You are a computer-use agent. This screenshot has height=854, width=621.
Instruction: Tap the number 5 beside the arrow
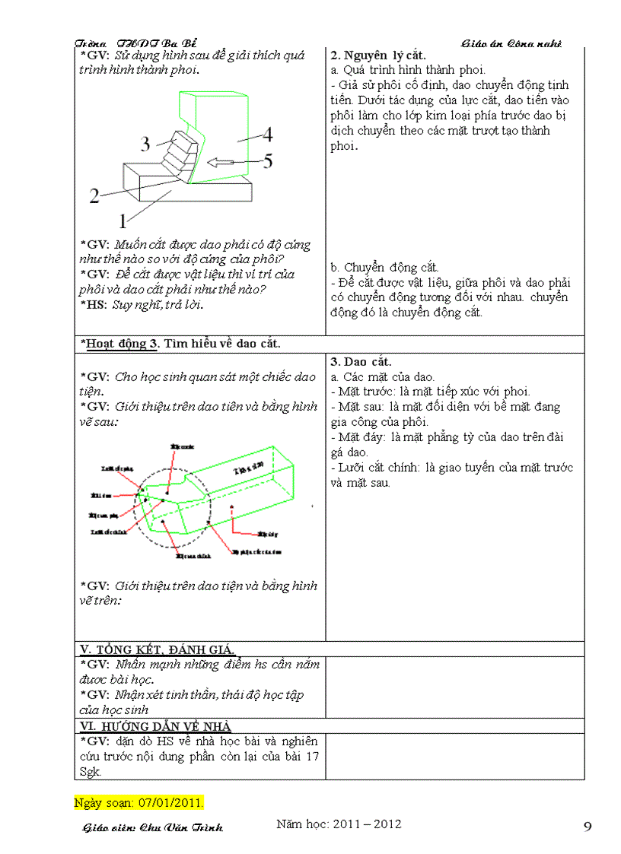pyautogui.click(x=268, y=161)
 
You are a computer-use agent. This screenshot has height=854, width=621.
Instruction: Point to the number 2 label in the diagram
pyautogui.click(x=94, y=197)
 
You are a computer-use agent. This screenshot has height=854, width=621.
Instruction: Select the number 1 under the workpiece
pyautogui.click(x=121, y=222)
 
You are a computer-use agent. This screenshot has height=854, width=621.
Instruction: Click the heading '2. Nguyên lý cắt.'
pyautogui.click(x=378, y=56)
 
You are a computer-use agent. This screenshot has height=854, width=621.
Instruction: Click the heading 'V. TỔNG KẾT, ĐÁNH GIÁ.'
pyautogui.click(x=158, y=649)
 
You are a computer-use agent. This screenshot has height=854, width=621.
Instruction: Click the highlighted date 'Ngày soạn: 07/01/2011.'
pyautogui.click(x=139, y=803)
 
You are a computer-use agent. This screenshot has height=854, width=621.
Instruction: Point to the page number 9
pyautogui.click(x=588, y=827)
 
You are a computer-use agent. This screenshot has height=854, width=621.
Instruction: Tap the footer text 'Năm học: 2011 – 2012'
pyautogui.click(x=339, y=824)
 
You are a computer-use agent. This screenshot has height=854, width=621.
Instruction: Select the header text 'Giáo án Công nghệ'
pyautogui.click(x=511, y=43)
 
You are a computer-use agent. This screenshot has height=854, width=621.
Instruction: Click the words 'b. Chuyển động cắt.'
pyautogui.click(x=384, y=268)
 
